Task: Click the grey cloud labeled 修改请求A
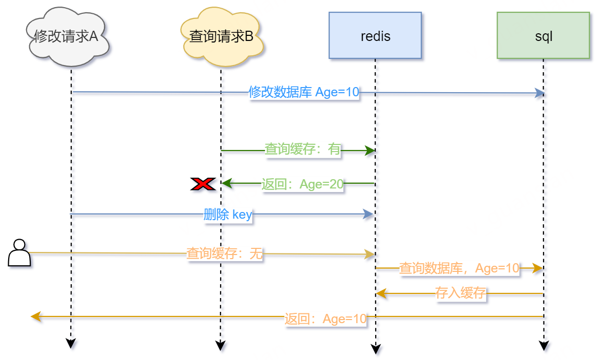tap(67, 37)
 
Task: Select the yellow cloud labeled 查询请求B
tap(221, 37)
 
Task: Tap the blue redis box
tap(375, 36)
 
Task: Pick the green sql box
tap(543, 36)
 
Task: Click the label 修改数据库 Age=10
tap(304, 92)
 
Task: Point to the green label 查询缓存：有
tap(302, 149)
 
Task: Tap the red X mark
tap(202, 184)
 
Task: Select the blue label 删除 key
tap(228, 215)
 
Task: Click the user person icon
tap(19, 252)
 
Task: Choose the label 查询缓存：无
tap(224, 253)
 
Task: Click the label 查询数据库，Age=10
tap(459, 268)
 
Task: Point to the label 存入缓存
tap(460, 293)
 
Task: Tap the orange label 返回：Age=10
tap(326, 319)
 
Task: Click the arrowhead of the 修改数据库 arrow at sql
tap(539, 93)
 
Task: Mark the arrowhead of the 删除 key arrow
tap(369, 215)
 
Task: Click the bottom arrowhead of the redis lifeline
tap(376, 349)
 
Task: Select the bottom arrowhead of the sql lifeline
tap(544, 346)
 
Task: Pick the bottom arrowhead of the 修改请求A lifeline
tap(71, 344)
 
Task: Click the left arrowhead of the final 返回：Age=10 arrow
tap(35, 316)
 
